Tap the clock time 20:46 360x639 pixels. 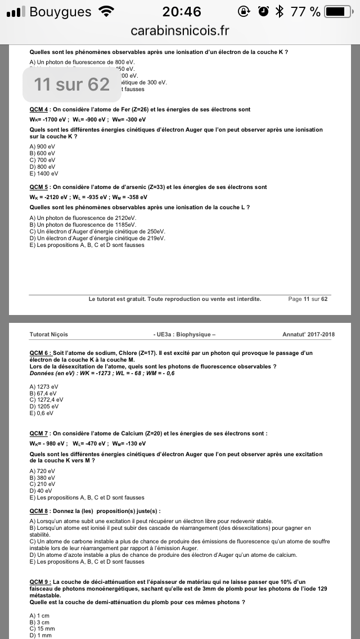(x=181, y=11)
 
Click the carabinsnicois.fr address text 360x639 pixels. (x=180, y=30)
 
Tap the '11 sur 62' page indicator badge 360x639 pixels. (x=71, y=84)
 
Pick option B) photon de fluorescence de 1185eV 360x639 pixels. (x=83, y=224)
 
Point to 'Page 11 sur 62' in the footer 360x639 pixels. (x=307, y=299)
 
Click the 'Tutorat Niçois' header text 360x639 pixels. (x=49, y=335)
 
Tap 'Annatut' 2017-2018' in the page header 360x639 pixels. (x=308, y=335)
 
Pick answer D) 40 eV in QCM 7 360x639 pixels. (x=40, y=490)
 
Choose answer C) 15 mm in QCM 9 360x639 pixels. (x=42, y=629)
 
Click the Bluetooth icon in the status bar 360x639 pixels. (x=279, y=11)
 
